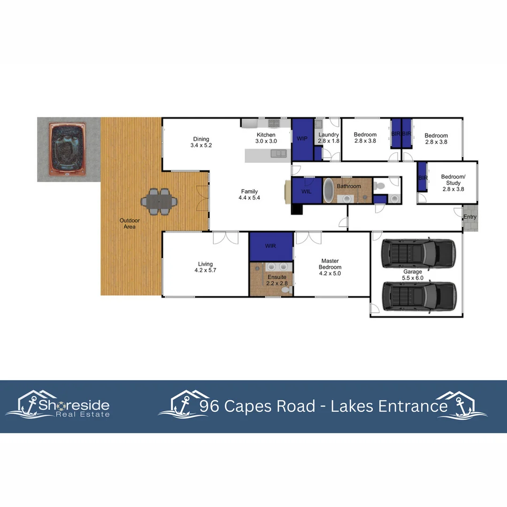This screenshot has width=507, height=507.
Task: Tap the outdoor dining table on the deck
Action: (159, 202)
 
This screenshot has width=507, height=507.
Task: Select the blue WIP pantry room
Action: (302, 139)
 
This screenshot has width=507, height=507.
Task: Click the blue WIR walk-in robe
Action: (271, 246)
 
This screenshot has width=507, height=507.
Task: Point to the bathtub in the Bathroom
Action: (329, 191)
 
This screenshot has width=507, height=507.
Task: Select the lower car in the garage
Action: (419, 296)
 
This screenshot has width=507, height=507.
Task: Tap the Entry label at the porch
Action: (470, 217)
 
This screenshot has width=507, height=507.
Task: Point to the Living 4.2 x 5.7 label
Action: (205, 267)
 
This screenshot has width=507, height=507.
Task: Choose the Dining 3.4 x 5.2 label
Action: (201, 142)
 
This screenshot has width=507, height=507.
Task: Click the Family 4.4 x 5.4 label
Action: (249, 194)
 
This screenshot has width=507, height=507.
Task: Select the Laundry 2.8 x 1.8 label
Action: (328, 138)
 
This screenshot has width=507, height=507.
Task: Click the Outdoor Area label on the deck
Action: (129, 223)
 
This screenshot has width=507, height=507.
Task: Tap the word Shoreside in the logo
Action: (74, 405)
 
